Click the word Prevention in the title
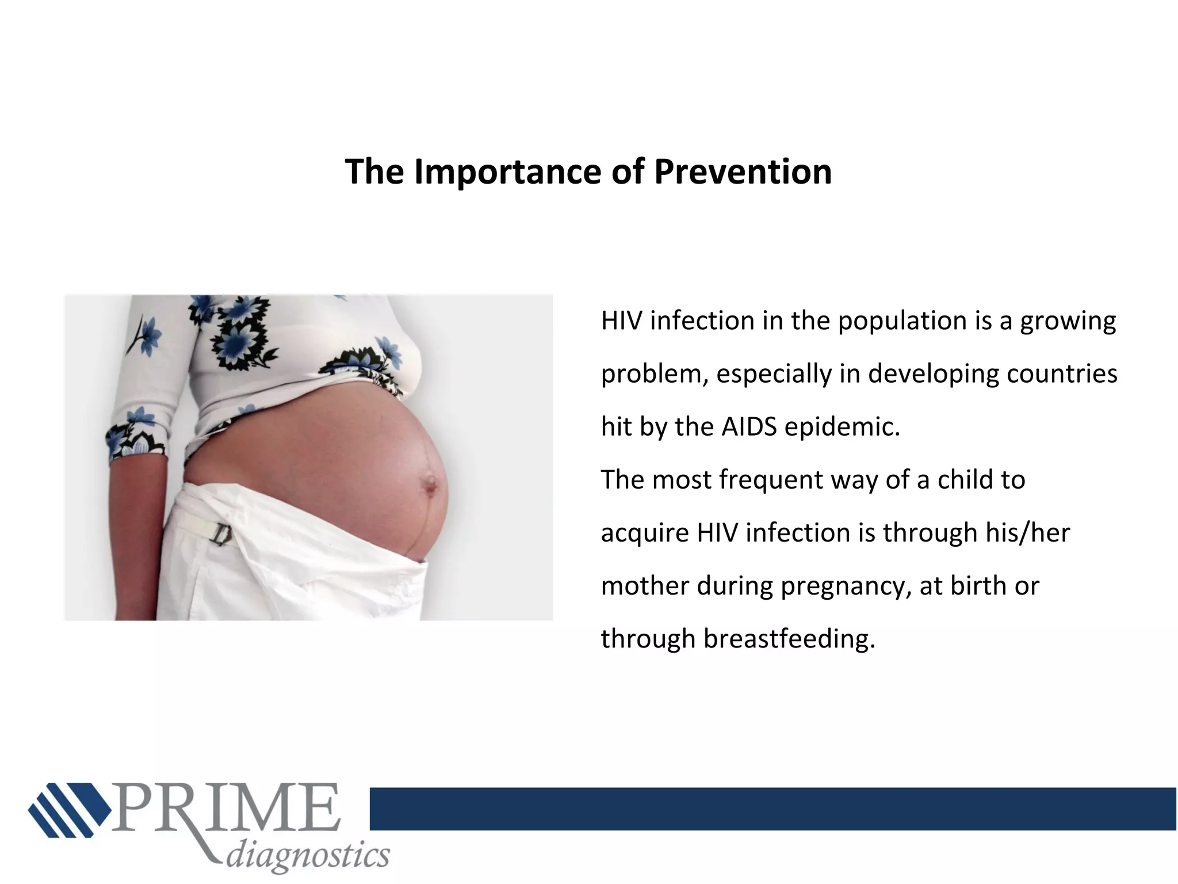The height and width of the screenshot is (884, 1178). point(743,172)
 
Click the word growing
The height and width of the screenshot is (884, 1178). point(1068,321)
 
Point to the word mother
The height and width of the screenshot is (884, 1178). point(645,586)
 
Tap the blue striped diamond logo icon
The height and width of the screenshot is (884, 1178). point(70,809)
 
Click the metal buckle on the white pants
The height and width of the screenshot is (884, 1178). point(223,535)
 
